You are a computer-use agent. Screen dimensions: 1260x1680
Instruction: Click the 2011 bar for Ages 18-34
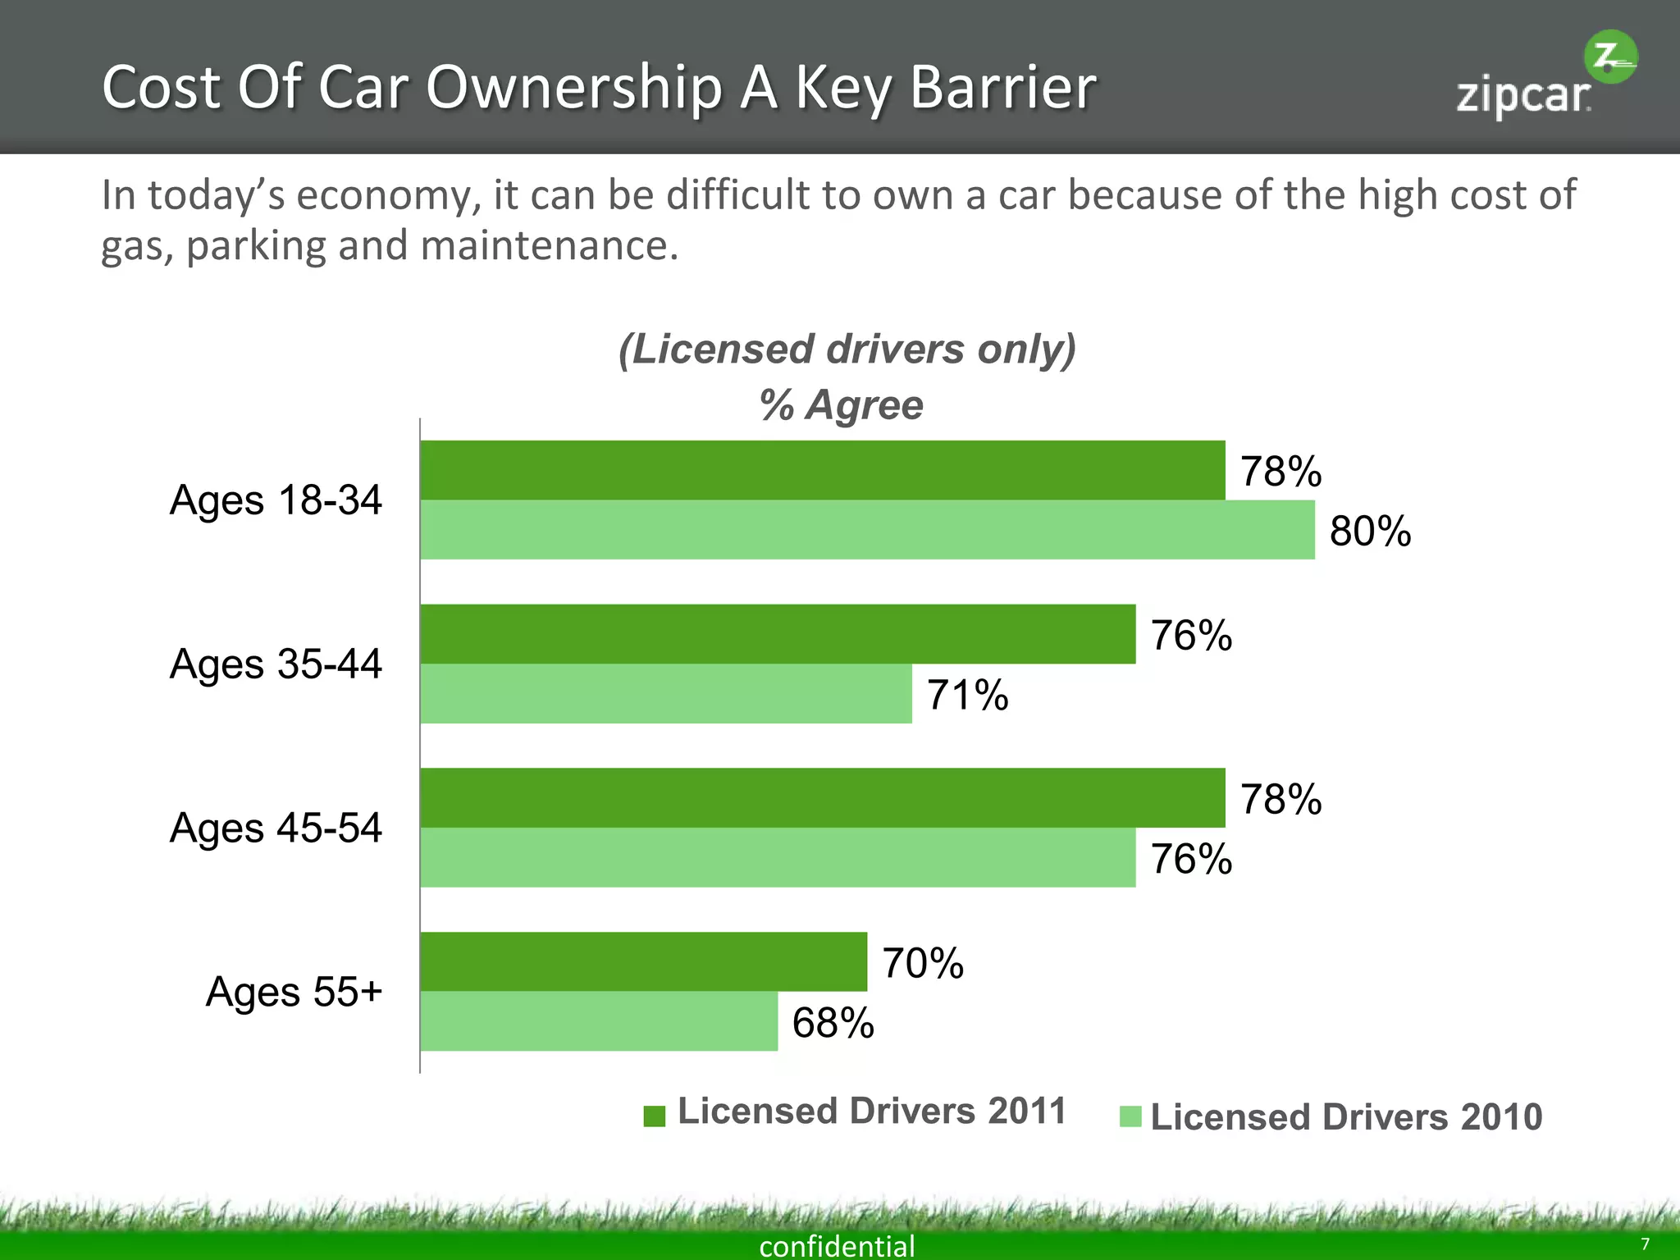(822, 470)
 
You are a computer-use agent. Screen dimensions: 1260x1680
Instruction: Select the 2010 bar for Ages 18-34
(867, 530)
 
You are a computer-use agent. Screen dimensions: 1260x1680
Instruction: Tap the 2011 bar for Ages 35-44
(778, 634)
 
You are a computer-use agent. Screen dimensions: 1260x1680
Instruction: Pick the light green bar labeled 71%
(665, 694)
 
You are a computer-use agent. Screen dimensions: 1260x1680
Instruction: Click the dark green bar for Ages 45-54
(822, 797)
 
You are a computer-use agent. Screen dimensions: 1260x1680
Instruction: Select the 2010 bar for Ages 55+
(599, 1021)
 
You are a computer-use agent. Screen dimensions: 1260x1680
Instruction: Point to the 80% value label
(1370, 531)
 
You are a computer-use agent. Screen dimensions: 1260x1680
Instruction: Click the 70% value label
(922, 963)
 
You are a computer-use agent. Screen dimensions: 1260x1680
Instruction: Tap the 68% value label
(833, 1023)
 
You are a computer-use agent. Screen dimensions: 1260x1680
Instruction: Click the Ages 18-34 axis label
(276, 500)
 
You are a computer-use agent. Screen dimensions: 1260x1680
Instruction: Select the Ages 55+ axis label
(294, 992)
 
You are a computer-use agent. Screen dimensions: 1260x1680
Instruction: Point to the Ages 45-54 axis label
(276, 828)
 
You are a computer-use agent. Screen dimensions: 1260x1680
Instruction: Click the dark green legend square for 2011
(654, 1116)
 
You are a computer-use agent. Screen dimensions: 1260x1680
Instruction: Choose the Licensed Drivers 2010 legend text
(1345, 1117)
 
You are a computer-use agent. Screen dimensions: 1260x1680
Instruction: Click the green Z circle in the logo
(1609, 57)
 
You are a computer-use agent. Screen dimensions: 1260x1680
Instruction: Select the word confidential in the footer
(837, 1246)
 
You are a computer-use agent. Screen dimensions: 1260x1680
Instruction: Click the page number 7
(1644, 1244)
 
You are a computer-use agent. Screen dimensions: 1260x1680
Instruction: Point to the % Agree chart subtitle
(841, 405)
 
